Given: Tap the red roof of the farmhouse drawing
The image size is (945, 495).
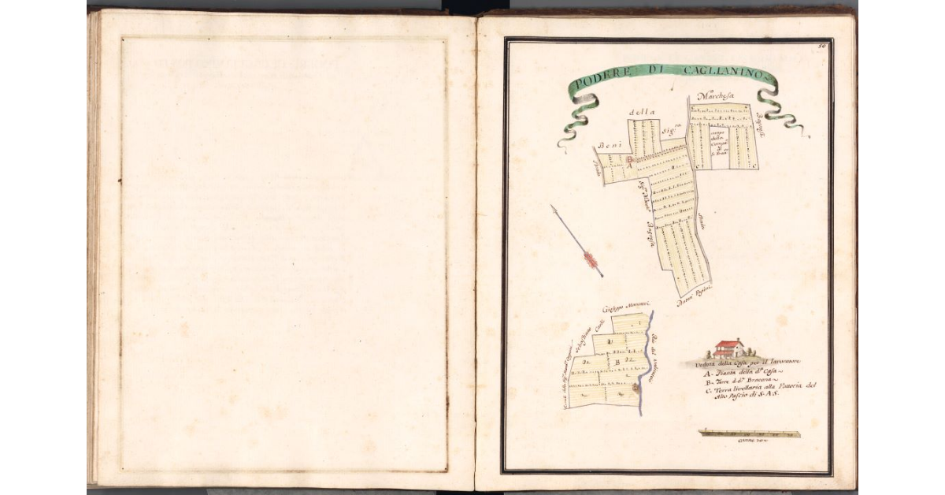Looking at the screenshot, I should [x=730, y=344].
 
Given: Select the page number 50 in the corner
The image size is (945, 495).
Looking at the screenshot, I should [x=822, y=47].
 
